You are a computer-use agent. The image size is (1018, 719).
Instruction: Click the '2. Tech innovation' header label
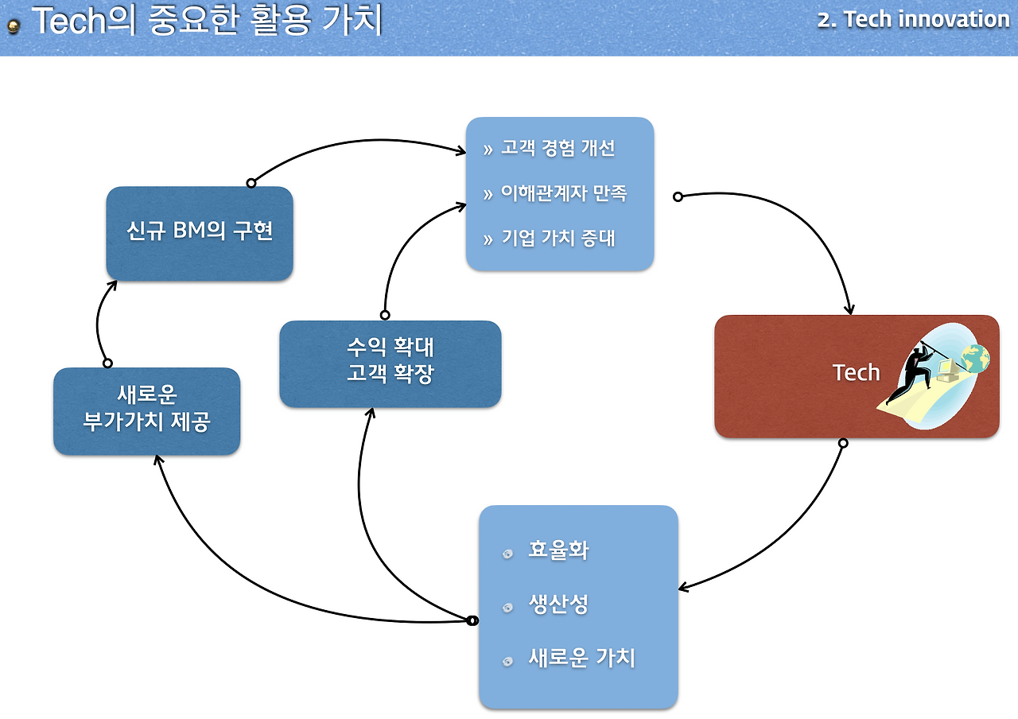[x=913, y=19]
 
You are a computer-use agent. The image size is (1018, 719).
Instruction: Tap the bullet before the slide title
[x=14, y=27]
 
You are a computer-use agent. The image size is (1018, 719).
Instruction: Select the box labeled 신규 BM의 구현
[x=200, y=232]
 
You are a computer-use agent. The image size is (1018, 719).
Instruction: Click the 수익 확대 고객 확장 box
[x=390, y=363]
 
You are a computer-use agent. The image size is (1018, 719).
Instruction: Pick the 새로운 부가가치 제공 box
[x=146, y=410]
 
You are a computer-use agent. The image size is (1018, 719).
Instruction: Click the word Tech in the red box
[x=856, y=372]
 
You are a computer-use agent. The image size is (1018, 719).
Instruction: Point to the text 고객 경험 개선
[x=558, y=149]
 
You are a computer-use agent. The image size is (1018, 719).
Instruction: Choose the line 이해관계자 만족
[x=564, y=193]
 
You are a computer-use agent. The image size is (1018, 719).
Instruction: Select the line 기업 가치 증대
[x=558, y=238]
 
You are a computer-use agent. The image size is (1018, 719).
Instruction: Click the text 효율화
[x=558, y=550]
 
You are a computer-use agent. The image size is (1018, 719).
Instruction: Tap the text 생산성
[x=558, y=604]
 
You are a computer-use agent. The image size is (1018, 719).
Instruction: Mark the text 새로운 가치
[x=581, y=659]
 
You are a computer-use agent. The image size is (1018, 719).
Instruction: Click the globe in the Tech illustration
[x=974, y=359]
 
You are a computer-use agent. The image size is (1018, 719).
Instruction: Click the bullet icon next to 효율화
[x=508, y=554]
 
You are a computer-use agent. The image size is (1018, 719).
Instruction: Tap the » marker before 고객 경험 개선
[x=488, y=150]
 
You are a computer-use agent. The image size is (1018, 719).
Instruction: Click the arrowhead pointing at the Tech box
[x=850, y=309]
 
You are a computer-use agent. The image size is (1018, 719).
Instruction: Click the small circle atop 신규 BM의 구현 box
[x=251, y=183]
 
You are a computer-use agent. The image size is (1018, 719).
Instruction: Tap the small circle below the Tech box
[x=843, y=442]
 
